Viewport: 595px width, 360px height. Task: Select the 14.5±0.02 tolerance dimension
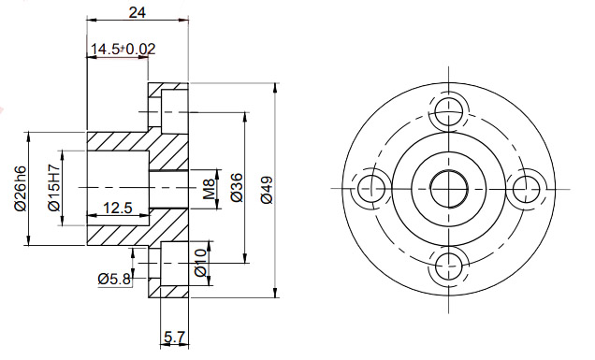pyautogui.click(x=119, y=49)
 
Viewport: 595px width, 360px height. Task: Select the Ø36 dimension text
pyautogui.click(x=236, y=187)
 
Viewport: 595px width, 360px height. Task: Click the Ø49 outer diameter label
pyautogui.click(x=266, y=188)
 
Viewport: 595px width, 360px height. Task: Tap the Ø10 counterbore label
pyautogui.click(x=199, y=263)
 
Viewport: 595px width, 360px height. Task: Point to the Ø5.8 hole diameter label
pyautogui.click(x=114, y=278)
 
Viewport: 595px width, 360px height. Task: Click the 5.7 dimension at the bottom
pyautogui.click(x=174, y=337)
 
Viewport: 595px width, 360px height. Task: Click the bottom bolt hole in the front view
pyautogui.click(x=449, y=266)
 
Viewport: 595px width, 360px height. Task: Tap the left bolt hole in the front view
pyautogui.click(x=370, y=186)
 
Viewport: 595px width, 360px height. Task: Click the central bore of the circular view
pyautogui.click(x=449, y=186)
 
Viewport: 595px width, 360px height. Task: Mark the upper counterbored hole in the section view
pyautogui.click(x=170, y=110)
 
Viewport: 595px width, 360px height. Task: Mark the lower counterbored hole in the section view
pyautogui.click(x=170, y=267)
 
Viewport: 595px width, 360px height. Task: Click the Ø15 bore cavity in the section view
pyautogui.click(x=116, y=187)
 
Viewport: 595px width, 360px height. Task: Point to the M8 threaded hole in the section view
pyautogui.click(x=169, y=187)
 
